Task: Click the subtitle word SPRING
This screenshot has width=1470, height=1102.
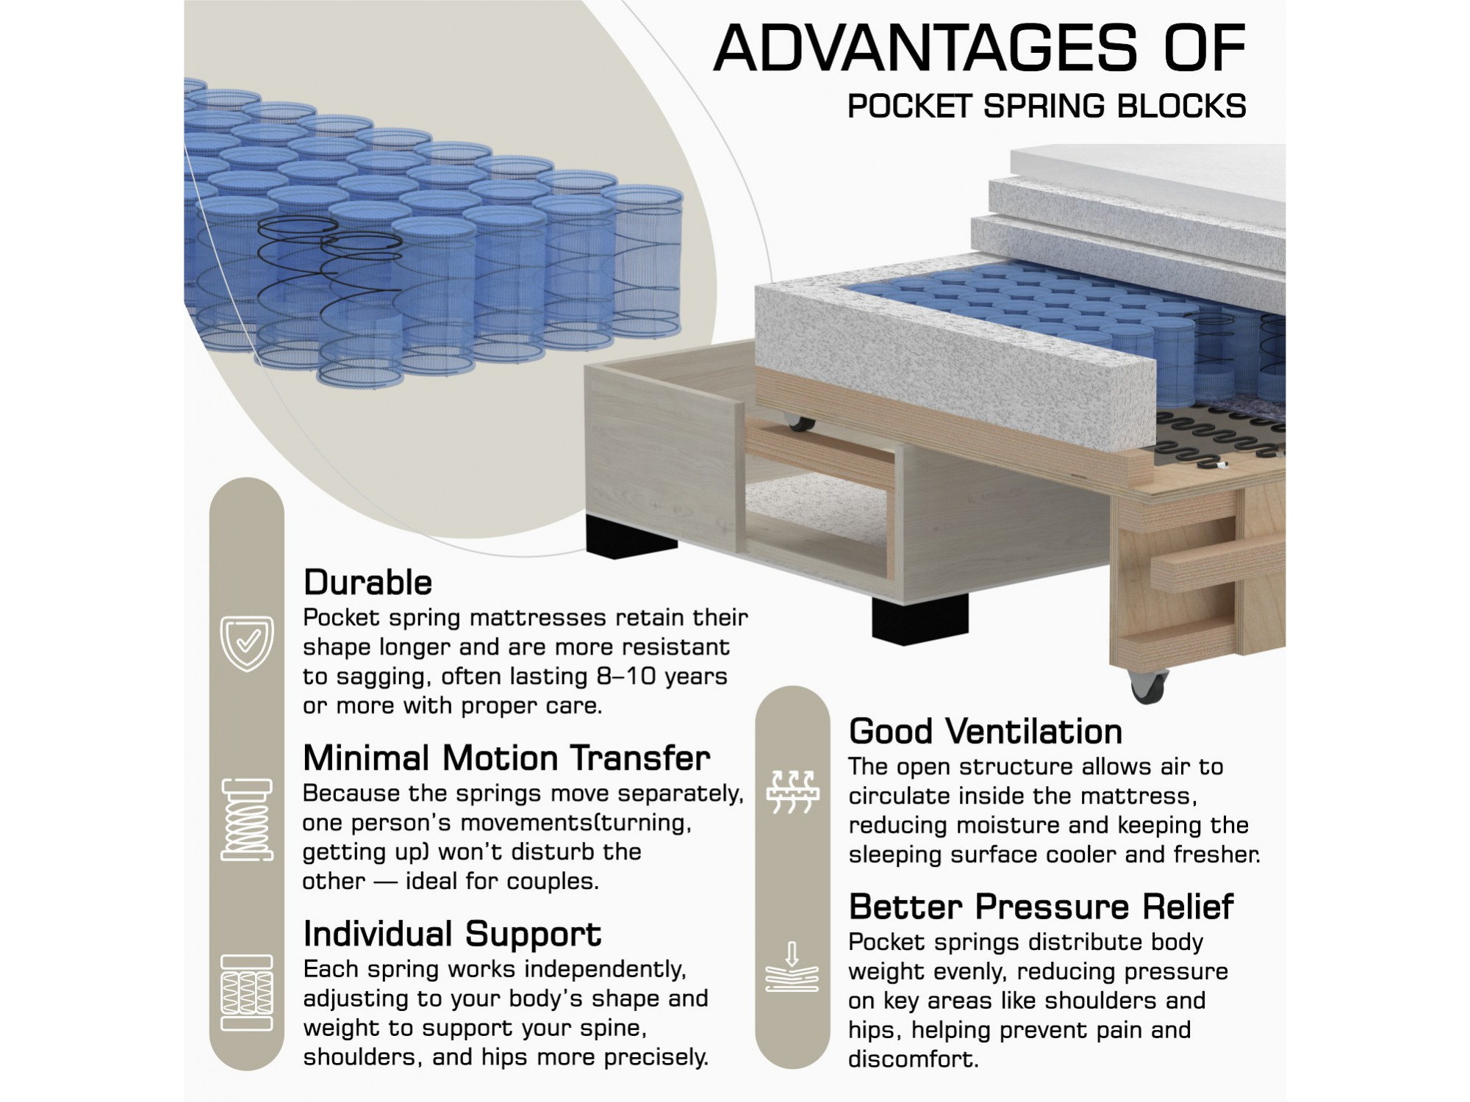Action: click(x=1044, y=107)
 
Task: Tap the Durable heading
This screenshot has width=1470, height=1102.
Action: click(x=367, y=583)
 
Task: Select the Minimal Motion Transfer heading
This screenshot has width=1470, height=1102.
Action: click(x=506, y=758)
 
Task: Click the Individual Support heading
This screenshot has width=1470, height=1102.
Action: click(x=452, y=935)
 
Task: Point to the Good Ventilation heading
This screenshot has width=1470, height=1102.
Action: click(x=986, y=732)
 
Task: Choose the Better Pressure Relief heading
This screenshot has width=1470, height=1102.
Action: click(x=1041, y=907)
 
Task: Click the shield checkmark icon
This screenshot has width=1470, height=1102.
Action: click(x=247, y=644)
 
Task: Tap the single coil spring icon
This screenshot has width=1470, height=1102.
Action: click(x=247, y=819)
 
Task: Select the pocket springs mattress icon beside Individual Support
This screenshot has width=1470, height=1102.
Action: click(x=247, y=993)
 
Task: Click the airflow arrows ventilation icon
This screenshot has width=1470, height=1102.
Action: click(x=792, y=792)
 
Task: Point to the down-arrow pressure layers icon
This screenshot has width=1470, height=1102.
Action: click(x=792, y=967)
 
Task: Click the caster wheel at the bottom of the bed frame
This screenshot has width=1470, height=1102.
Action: click(x=1147, y=687)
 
